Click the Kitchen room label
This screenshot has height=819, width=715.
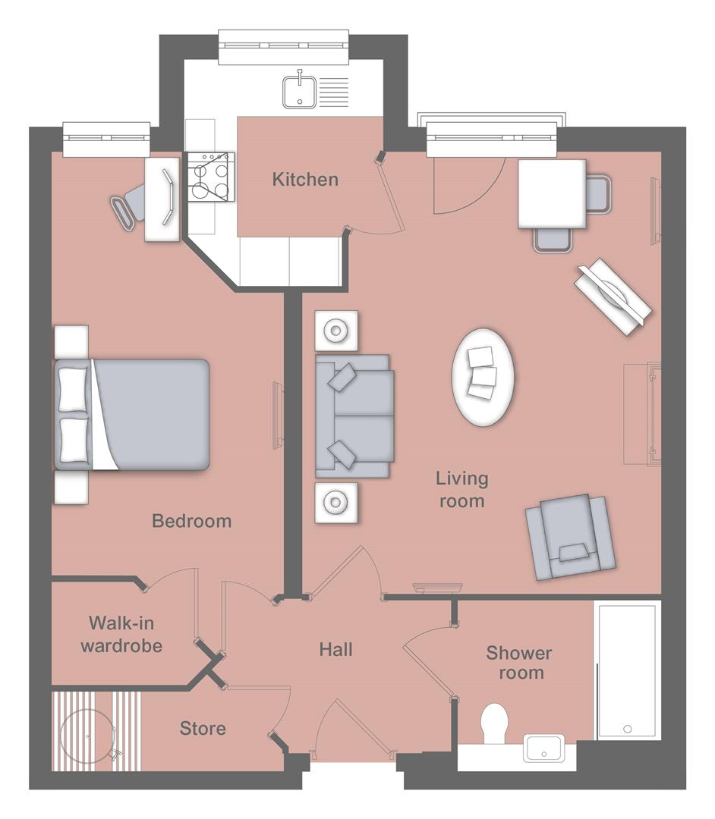[305, 180]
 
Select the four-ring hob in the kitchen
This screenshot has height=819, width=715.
[210, 176]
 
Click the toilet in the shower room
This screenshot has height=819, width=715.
[495, 723]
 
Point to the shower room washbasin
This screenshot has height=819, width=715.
[543, 748]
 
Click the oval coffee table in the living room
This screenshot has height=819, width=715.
[482, 376]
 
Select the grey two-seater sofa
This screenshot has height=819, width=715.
[354, 416]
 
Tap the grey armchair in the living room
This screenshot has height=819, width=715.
[570, 536]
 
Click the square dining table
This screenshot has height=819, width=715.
[552, 193]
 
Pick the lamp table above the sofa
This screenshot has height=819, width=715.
[335, 331]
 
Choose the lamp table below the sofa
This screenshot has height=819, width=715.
[335, 501]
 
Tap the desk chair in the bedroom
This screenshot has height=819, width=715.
[129, 203]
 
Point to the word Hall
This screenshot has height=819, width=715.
[335, 649]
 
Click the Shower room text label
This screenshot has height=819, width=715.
[519, 662]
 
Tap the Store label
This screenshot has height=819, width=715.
[203, 729]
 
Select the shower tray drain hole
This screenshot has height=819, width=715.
[628, 729]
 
